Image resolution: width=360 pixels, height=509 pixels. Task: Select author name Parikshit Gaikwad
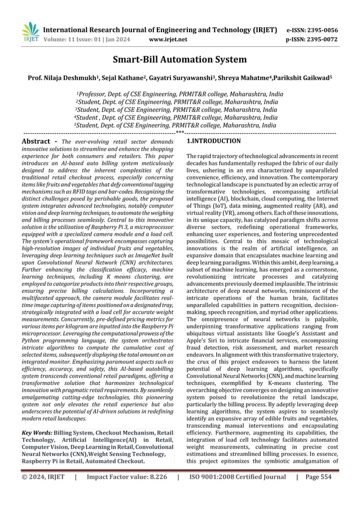(313, 77)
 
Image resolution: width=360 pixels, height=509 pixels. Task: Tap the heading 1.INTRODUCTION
(213, 141)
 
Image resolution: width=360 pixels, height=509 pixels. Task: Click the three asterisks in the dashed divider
(180, 133)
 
